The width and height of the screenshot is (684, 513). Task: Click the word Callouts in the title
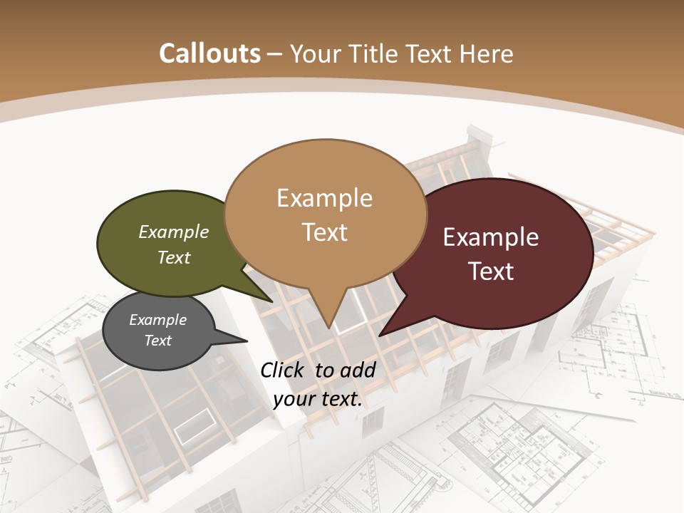209,53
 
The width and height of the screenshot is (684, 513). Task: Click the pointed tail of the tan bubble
328,325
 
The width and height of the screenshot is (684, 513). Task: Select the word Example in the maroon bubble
491,237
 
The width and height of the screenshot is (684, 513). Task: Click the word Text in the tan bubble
325,232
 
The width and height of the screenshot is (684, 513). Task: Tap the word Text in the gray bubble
158,341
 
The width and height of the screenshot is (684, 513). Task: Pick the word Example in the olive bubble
174,232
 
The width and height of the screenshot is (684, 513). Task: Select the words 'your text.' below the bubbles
318,399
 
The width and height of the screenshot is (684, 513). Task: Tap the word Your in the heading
313,53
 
